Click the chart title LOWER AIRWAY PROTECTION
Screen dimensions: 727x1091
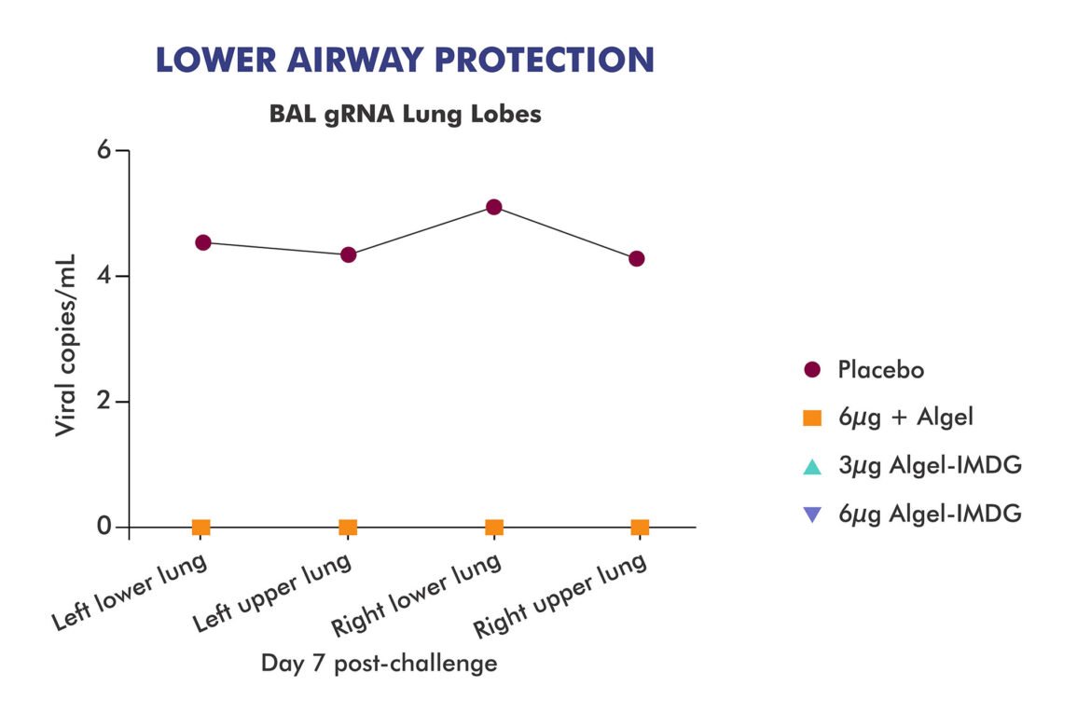click(x=405, y=60)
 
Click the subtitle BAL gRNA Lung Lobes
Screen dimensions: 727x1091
click(x=405, y=115)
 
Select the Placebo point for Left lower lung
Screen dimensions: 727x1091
click(x=203, y=242)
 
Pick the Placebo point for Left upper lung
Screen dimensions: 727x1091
click(x=349, y=254)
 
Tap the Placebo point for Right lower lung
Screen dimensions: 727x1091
click(x=494, y=207)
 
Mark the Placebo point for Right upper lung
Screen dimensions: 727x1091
click(x=637, y=258)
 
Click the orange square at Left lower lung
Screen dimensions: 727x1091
click(x=201, y=528)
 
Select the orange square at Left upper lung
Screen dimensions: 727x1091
click(x=348, y=528)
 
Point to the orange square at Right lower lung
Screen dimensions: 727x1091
click(x=494, y=528)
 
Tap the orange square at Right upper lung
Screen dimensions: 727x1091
click(x=640, y=528)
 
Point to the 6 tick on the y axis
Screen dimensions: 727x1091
click(x=104, y=150)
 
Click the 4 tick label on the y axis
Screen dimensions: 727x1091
click(x=104, y=276)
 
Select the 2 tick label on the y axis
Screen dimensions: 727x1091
click(x=104, y=402)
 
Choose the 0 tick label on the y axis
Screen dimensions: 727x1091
click(x=104, y=528)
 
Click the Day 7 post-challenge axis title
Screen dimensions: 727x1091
click(x=379, y=664)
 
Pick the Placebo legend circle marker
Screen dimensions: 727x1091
click(x=812, y=370)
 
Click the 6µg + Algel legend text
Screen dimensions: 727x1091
click(x=905, y=418)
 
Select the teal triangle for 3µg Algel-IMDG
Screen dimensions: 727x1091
click(x=812, y=465)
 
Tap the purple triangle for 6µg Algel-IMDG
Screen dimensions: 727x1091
click(x=812, y=514)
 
